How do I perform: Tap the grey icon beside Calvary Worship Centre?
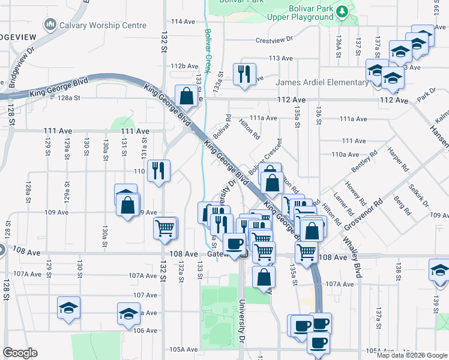tap(50, 25)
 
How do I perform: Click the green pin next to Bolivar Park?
tap(342, 11)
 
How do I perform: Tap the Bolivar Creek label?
tap(208, 51)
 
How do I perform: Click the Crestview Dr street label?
tap(274, 40)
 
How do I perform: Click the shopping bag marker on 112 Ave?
tap(186, 96)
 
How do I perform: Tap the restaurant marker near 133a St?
tap(244, 74)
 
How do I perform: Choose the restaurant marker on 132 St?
tap(159, 170)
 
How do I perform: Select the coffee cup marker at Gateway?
tap(234, 243)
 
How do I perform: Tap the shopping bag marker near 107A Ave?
tap(264, 277)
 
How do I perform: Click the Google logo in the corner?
tap(20, 353)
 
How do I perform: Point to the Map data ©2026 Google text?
tap(411, 355)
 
